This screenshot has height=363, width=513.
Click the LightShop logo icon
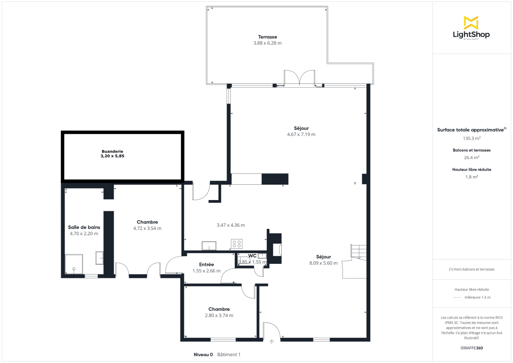click(x=471, y=23)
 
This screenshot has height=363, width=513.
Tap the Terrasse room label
click(x=267, y=37)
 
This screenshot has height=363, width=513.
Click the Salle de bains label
click(x=84, y=227)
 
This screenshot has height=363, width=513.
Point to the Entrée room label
click(x=206, y=265)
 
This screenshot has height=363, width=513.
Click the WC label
click(x=252, y=256)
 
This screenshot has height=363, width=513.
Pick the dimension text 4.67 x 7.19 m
click(x=301, y=134)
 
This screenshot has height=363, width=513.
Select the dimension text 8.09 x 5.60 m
click(x=323, y=263)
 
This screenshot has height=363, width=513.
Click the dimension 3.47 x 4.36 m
click(x=230, y=225)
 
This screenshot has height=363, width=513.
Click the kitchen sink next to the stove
click(x=209, y=245)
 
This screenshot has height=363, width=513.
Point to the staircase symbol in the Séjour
click(x=358, y=252)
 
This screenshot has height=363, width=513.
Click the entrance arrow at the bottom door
click(x=272, y=342)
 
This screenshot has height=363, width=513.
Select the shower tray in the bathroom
click(x=74, y=264)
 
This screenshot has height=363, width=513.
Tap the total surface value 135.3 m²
click(x=472, y=138)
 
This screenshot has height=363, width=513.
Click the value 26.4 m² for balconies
click(x=472, y=157)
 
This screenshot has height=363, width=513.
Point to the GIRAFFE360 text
click(x=472, y=348)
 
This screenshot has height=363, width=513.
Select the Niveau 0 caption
click(x=203, y=354)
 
